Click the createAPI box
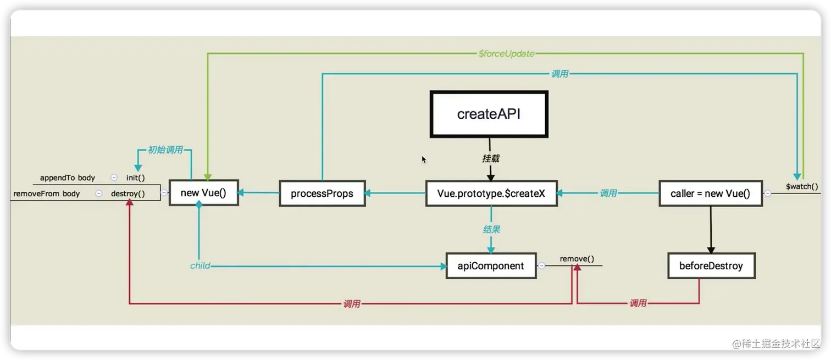pos(489,114)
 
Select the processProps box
pos(322,193)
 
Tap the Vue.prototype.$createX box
pos(491,193)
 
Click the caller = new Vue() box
pos(710,193)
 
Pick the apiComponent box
pos(491,266)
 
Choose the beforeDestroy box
pos(711,266)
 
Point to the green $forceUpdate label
pos(506,53)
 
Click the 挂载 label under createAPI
pos(491,158)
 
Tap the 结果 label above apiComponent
pos(491,229)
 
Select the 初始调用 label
pos(165,149)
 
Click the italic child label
pos(200,266)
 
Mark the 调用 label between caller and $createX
pos(608,193)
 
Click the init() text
pos(135,178)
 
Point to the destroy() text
pos(128,193)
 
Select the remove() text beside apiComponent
pos(577,259)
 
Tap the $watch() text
pos(801,187)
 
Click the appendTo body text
pos(68,178)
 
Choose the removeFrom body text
pos(47,193)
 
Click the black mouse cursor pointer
pos(424,159)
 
